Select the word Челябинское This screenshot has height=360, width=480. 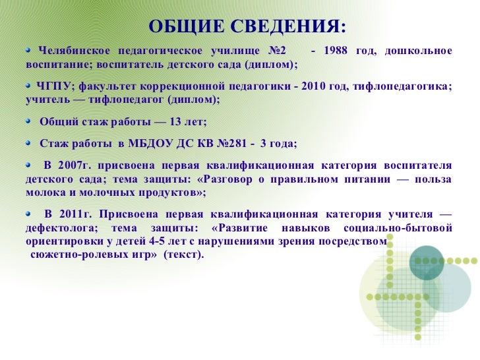coord(73,51)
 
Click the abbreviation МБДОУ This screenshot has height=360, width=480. coord(159,144)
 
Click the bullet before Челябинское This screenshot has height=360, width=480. coord(29,49)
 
